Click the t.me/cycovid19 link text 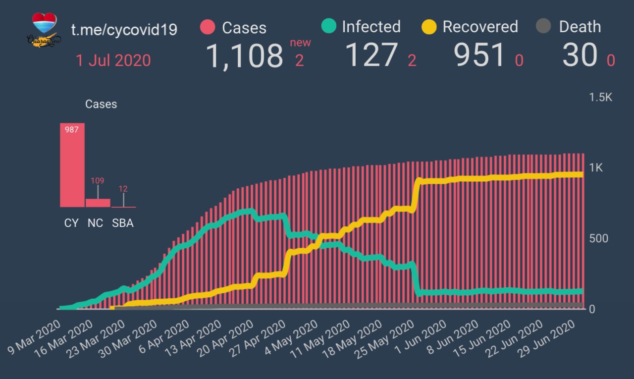[124, 29]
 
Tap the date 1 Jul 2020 [113, 60]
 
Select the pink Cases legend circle [208, 27]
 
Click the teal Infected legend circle [328, 26]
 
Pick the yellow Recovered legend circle [428, 27]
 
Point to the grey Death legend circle [543, 27]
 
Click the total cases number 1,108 [244, 55]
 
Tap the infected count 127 [372, 55]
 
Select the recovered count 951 [479, 55]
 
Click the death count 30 [580, 55]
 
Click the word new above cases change [301, 43]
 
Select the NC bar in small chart [98, 203]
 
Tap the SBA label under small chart [122, 223]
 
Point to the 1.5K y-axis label [600, 97]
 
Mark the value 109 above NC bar [98, 180]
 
